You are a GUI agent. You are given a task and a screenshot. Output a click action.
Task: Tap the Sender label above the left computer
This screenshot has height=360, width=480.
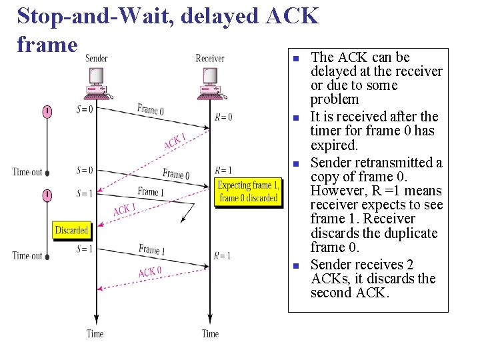(x=97, y=59)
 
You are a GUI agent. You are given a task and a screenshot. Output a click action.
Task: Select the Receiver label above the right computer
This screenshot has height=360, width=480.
(x=210, y=59)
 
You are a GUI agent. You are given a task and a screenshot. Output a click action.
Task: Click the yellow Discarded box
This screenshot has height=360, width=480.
(x=71, y=230)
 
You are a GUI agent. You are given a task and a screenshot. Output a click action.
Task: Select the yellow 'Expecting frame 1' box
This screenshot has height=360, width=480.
(x=249, y=191)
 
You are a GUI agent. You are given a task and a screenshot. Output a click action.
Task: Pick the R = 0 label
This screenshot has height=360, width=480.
(x=223, y=117)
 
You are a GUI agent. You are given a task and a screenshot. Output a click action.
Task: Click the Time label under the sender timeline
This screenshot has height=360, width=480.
(x=95, y=333)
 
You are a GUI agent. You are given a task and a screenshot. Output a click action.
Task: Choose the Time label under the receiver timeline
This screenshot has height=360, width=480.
(x=210, y=333)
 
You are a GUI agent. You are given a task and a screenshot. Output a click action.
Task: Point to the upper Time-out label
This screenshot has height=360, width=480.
(x=27, y=172)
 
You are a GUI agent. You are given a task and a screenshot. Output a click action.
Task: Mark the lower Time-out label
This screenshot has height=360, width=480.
(x=27, y=255)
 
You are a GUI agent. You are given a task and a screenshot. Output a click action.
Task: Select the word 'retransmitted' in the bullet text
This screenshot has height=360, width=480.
(x=398, y=163)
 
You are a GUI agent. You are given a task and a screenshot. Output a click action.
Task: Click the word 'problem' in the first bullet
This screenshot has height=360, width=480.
(x=335, y=100)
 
